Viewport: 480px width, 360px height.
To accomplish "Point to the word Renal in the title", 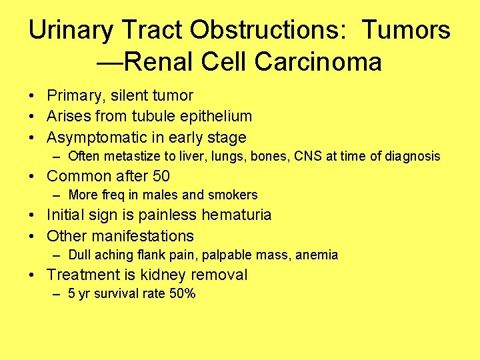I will pyautogui.click(x=159, y=62).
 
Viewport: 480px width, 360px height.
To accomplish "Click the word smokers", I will pyautogui.click(x=233, y=195).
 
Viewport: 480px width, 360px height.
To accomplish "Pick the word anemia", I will pyautogui.click(x=317, y=255).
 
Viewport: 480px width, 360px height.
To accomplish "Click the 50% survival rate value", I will pyautogui.click(x=182, y=294).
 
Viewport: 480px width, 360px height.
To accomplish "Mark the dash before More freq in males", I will pyautogui.click(x=58, y=195).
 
